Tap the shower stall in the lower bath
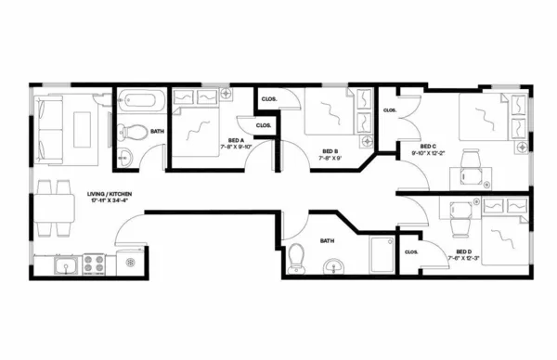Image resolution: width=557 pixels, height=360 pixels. [381, 255]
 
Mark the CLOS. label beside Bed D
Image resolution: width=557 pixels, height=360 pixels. [411, 251]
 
